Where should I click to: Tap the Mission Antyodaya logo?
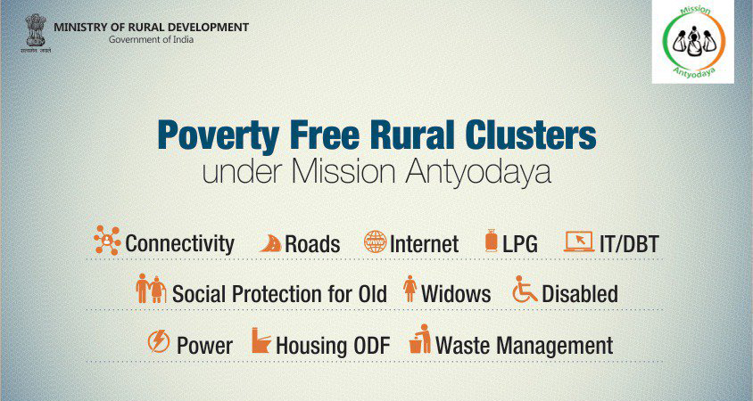pyautogui.click(x=692, y=43)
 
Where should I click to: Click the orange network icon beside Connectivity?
pyautogui.click(x=107, y=240)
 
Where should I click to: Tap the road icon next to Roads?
pyautogui.click(x=270, y=242)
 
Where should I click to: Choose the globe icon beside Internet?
pyautogui.click(x=375, y=241)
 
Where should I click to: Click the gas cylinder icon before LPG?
pyautogui.click(x=491, y=241)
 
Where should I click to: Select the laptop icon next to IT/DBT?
pyautogui.click(x=579, y=241)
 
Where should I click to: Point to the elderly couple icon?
pyautogui.click(x=150, y=290)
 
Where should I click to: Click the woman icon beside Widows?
pyautogui.click(x=410, y=290)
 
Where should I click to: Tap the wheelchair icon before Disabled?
pyautogui.click(x=525, y=290)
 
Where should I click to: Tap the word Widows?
pyautogui.click(x=456, y=293)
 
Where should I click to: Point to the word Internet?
pyautogui.click(x=425, y=243)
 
